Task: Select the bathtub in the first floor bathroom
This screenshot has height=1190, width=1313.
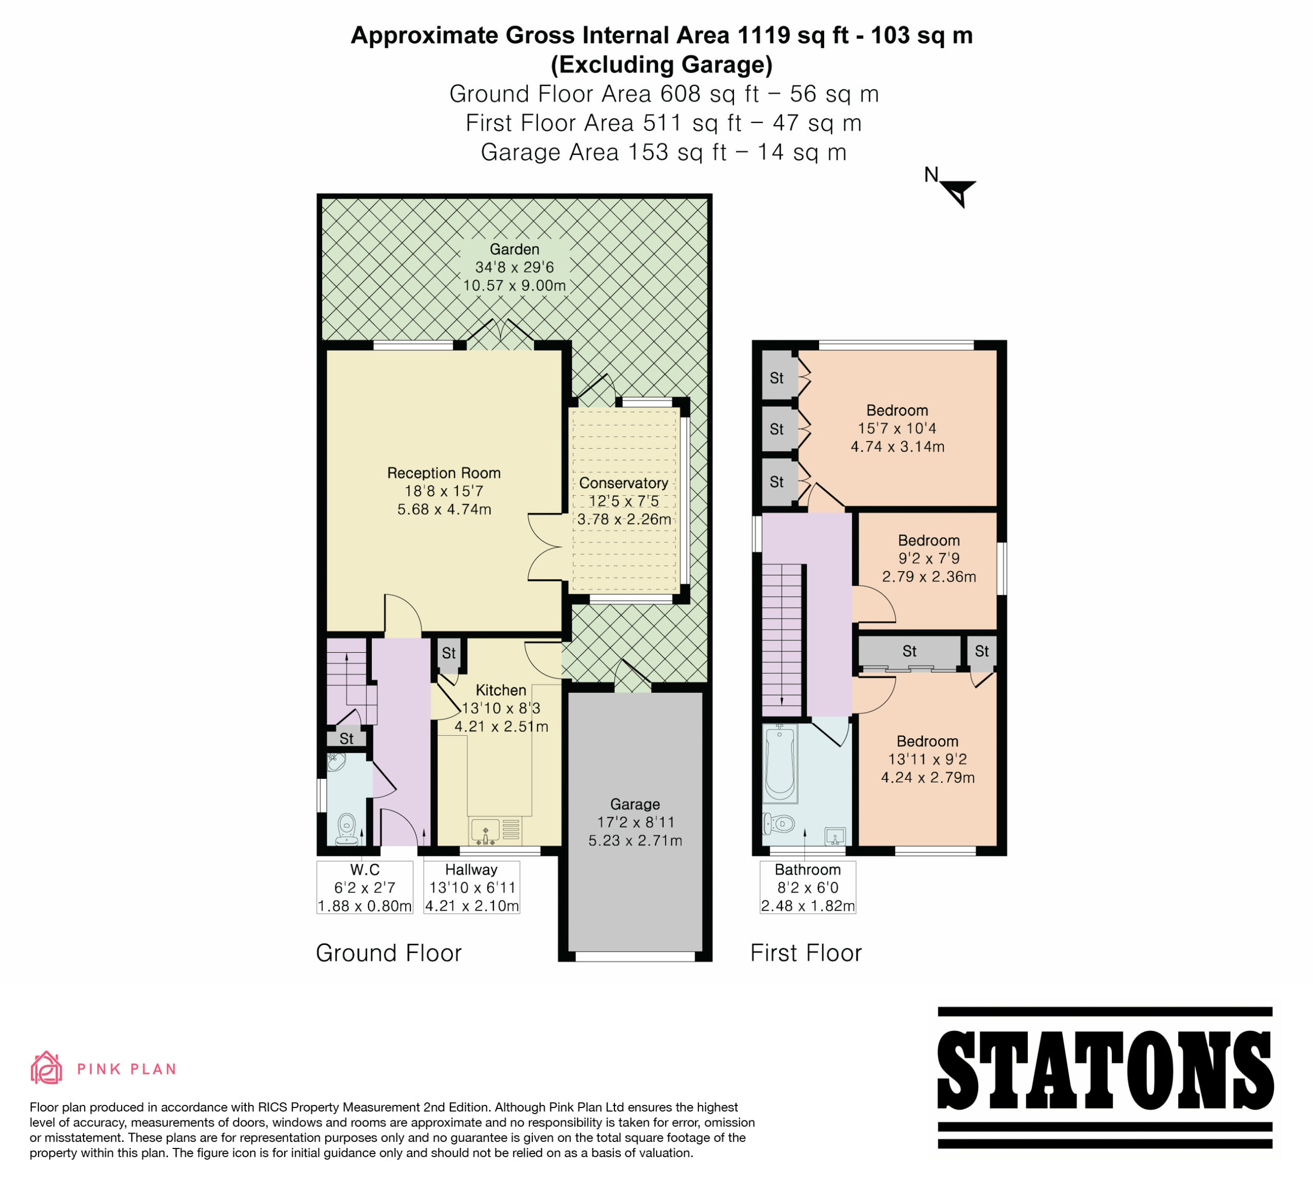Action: [x=780, y=763]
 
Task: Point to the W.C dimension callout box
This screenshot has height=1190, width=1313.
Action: [x=365, y=888]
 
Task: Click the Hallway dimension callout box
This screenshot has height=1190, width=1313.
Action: [x=471, y=888]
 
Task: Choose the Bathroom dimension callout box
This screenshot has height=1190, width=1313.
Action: [x=808, y=888]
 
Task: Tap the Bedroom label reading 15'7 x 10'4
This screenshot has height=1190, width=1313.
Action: [x=898, y=428]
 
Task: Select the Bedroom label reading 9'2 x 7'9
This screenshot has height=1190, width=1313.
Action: [x=929, y=558]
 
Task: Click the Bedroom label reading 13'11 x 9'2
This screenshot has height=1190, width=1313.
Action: [x=927, y=759]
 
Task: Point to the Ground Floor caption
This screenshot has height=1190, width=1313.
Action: [x=389, y=953]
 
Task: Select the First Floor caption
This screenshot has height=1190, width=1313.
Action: [x=806, y=953]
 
